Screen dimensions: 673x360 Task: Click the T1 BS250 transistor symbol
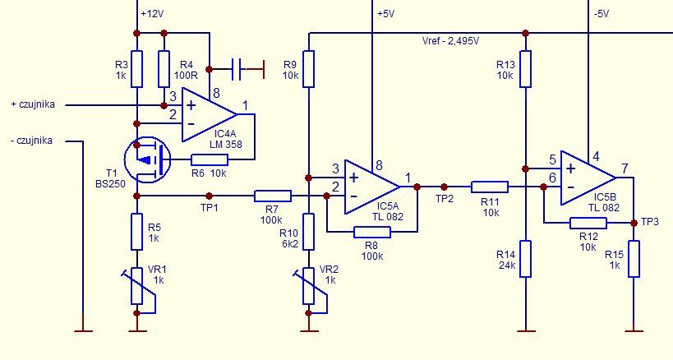click(147, 160)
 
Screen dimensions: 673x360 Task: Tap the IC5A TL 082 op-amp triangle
click(372, 187)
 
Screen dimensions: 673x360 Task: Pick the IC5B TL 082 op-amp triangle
click(588, 178)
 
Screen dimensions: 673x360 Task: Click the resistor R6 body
click(210, 160)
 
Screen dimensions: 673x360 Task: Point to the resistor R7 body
click(273, 196)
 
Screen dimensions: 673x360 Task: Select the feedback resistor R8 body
click(372, 232)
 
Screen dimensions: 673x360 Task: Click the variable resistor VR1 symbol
click(137, 286)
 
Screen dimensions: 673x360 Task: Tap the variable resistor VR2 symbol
click(309, 286)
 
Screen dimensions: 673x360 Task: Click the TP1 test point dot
click(209, 196)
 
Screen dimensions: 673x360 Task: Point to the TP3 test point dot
click(634, 223)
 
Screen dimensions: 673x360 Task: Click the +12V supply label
click(152, 14)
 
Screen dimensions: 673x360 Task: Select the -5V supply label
click(602, 14)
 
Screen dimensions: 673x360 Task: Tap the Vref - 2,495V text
click(450, 41)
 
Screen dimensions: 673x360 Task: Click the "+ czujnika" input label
click(33, 104)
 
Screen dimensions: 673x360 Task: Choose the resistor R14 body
click(525, 259)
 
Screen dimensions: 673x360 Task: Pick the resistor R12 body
click(588, 223)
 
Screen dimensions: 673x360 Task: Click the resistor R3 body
click(137, 69)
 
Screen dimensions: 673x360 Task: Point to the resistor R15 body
click(634, 259)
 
